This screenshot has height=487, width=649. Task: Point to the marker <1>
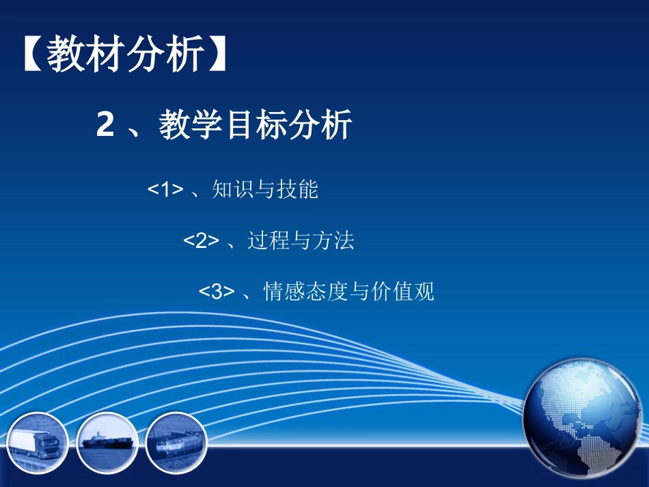(166, 191)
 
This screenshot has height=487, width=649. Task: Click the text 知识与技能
(265, 190)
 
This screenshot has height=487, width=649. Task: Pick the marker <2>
(202, 241)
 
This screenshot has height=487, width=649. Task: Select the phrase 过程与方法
(301, 240)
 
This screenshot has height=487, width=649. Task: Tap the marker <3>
(217, 292)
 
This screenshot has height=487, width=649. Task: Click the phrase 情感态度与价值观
(348, 292)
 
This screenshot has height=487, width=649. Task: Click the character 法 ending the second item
(344, 240)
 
